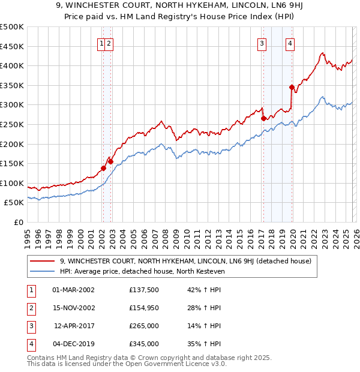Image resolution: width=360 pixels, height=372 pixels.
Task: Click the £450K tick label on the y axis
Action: tap(12, 46)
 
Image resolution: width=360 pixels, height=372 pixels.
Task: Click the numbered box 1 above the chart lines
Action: tap(102, 43)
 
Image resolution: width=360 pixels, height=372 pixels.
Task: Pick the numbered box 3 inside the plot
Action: tap(262, 43)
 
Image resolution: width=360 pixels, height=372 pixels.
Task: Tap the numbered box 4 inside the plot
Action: tap(290, 43)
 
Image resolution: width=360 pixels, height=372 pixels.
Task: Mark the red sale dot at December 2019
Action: tap(292, 88)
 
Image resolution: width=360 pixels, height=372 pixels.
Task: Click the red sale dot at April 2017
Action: tap(263, 119)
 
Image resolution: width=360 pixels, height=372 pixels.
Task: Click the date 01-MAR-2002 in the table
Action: tap(73, 290)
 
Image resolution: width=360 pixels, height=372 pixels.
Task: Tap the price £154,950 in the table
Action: tap(143, 308)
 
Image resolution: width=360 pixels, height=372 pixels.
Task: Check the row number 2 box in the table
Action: tap(30, 308)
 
